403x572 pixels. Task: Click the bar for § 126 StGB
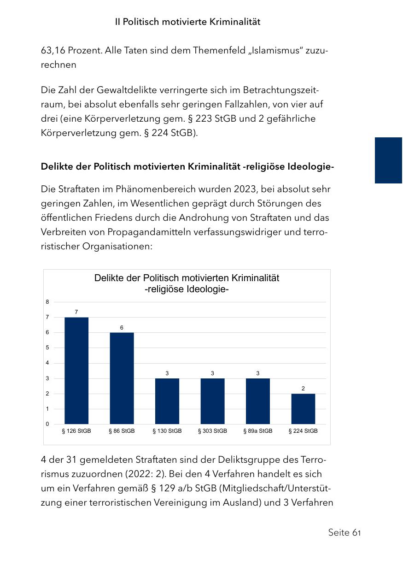(76, 371)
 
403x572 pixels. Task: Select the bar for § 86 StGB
(122, 378)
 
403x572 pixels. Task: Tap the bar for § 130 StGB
(167, 401)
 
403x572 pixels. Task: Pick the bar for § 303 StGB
(212, 401)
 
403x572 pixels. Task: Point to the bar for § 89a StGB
(258, 401)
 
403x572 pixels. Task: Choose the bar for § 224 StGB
(303, 409)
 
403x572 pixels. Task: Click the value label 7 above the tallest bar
(76, 312)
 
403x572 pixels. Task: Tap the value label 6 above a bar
(122, 327)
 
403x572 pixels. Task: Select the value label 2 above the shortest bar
(303, 389)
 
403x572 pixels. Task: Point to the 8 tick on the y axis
(47, 302)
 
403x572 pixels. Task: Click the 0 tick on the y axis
(47, 424)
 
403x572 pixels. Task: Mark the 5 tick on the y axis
(47, 348)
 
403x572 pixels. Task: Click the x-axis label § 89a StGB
(258, 431)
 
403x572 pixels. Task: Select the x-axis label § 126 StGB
(76, 431)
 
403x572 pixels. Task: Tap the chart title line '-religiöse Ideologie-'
(187, 289)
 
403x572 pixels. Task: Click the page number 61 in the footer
(356, 533)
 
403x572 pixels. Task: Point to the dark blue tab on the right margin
(388, 160)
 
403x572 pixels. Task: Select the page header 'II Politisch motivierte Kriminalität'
(187, 22)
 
